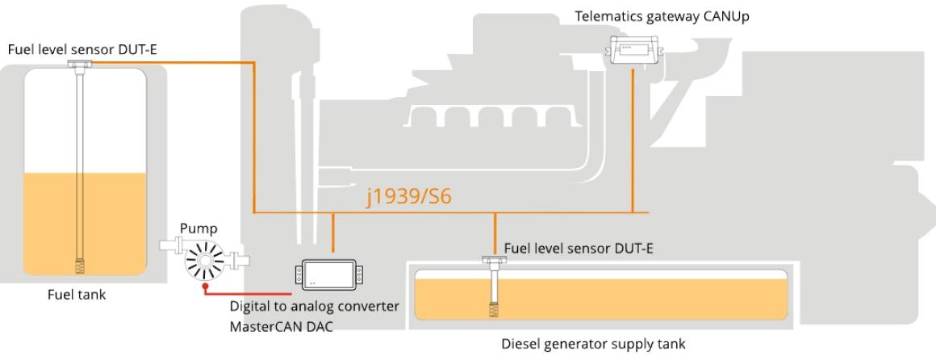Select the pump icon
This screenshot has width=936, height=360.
point(205,259)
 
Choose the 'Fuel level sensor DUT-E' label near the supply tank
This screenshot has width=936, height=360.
point(578,248)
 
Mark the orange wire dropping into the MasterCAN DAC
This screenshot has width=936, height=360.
point(333,234)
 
